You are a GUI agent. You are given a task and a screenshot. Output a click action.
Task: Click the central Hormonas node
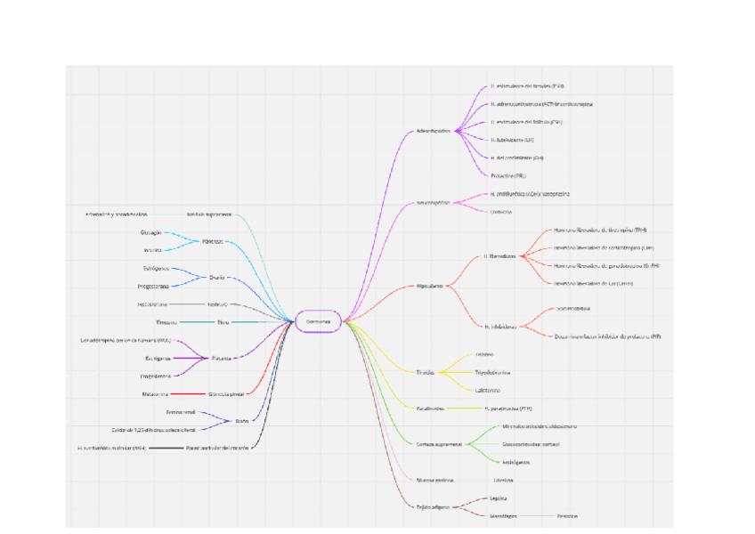tap(318, 321)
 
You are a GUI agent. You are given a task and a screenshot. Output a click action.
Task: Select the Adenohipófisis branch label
tap(434, 131)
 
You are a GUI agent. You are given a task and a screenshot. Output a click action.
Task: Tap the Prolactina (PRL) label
tap(507, 175)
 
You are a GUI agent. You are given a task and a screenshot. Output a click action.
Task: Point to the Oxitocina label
tap(501, 212)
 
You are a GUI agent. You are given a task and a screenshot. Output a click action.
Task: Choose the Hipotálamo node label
tap(431, 286)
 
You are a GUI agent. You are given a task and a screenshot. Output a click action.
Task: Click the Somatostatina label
tap(574, 309)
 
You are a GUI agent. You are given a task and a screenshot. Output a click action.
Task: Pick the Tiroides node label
tap(425, 372)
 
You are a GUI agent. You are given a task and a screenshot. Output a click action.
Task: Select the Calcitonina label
tap(487, 390)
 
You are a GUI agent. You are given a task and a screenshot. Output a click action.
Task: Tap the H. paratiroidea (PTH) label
tap(508, 409)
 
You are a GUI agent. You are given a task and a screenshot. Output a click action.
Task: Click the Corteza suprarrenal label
tap(438, 443)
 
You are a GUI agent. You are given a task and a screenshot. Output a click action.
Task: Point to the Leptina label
tap(499, 498)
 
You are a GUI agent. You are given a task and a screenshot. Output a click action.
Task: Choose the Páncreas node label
tap(212, 241)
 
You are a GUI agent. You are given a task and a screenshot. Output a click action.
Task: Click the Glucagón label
tap(150, 232)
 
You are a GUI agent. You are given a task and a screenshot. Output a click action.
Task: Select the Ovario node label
tap(216, 277)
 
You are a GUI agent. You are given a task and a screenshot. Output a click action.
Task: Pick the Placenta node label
tap(221, 358)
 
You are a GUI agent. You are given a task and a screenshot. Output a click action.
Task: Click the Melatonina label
tap(155, 393)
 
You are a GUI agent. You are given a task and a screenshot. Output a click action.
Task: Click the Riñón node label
tap(242, 421)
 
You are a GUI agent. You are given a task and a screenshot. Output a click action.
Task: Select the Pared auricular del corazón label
tap(217, 448)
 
